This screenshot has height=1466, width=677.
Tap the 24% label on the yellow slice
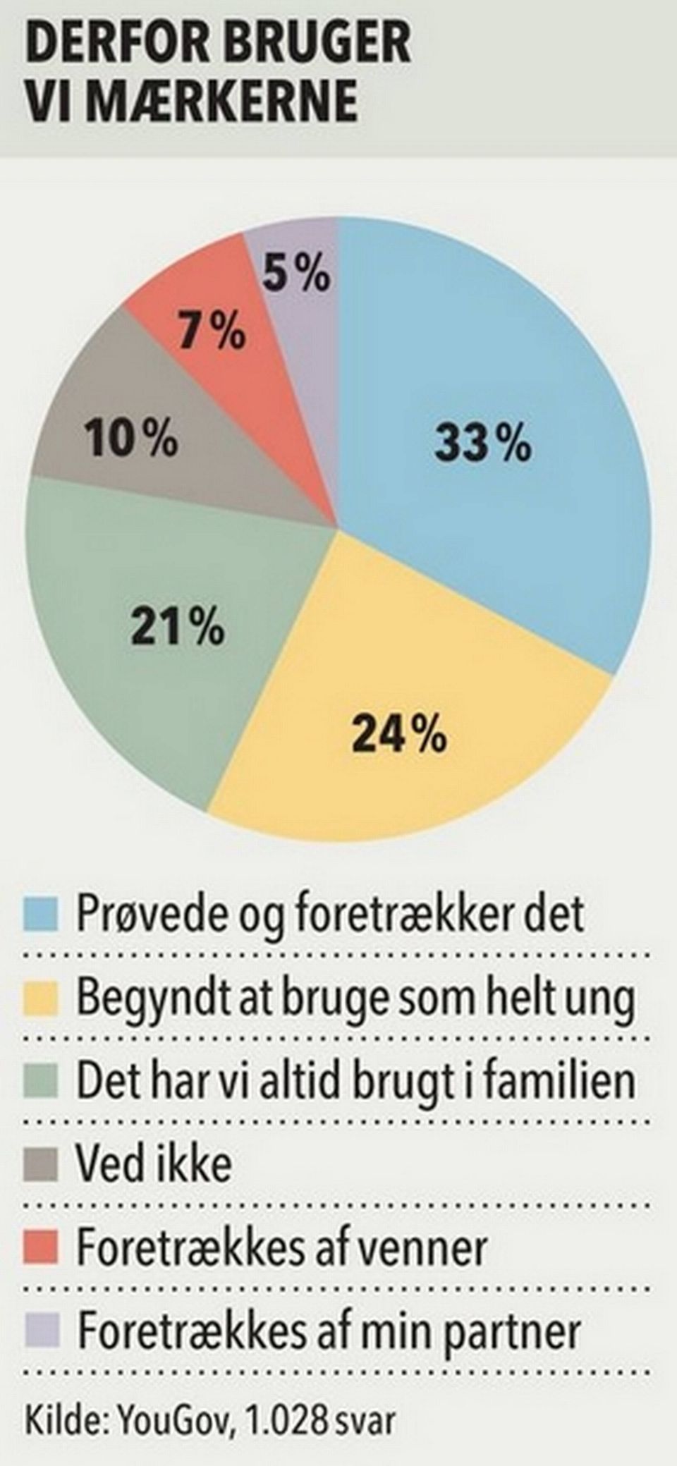coord(399,735)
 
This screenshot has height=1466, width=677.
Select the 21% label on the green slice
coord(177,627)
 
